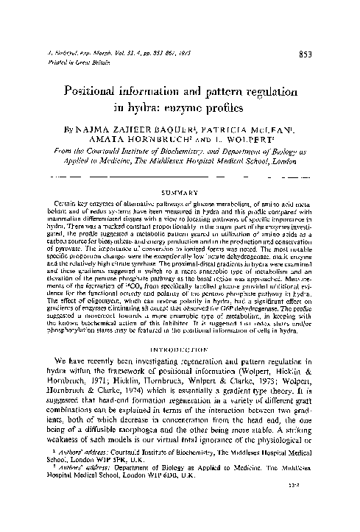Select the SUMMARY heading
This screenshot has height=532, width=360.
[x=179, y=187]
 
